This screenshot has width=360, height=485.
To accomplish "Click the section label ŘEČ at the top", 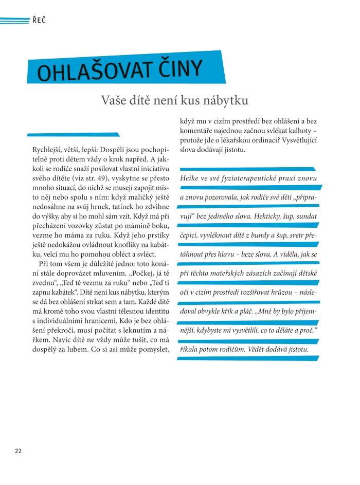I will point(40,21).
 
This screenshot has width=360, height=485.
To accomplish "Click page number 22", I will point(18,451).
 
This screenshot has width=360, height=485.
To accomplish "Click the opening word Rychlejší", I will point(48,150).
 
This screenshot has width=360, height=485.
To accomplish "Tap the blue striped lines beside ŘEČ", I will point(14,21).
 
